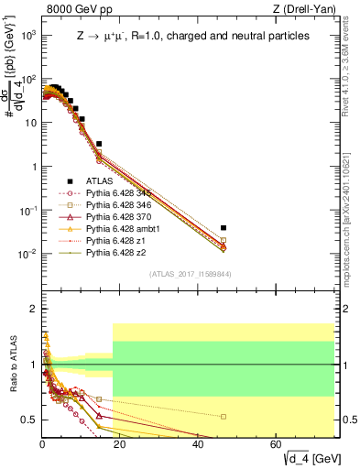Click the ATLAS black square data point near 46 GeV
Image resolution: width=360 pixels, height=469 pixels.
click(224, 227)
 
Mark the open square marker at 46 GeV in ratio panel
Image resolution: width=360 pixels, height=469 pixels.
click(224, 416)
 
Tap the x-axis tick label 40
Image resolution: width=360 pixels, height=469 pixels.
click(199, 444)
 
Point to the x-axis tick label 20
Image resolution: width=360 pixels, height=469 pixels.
click(120, 444)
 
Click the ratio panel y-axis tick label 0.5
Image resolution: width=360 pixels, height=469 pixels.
click(29, 420)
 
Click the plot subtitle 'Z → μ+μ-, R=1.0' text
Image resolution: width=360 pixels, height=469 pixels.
click(193, 37)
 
